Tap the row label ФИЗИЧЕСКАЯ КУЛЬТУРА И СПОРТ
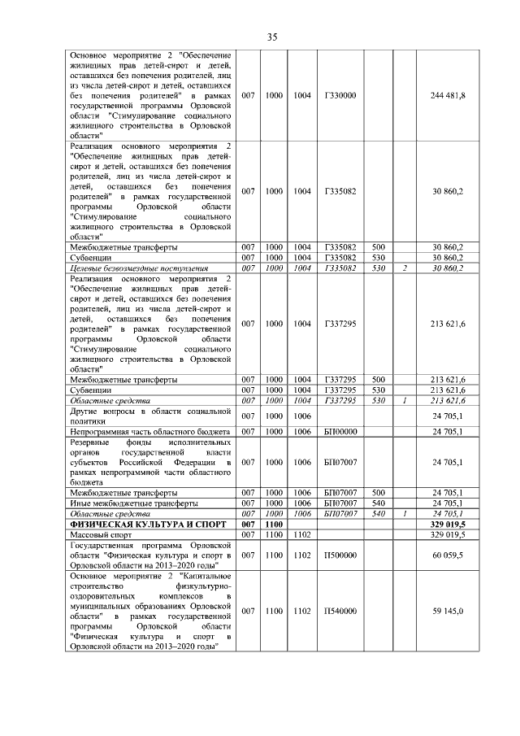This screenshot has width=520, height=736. (x=133, y=526)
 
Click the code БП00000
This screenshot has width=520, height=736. (x=340, y=431)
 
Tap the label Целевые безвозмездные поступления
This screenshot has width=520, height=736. (x=139, y=268)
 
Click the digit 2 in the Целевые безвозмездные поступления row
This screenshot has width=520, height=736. (x=404, y=268)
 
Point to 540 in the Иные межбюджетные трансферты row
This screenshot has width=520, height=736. (x=378, y=504)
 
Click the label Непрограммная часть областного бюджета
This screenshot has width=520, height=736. (x=151, y=431)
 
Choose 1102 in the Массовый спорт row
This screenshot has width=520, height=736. (x=302, y=536)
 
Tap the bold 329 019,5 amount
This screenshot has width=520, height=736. (x=447, y=526)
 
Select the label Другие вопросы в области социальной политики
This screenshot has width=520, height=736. (x=151, y=416)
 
